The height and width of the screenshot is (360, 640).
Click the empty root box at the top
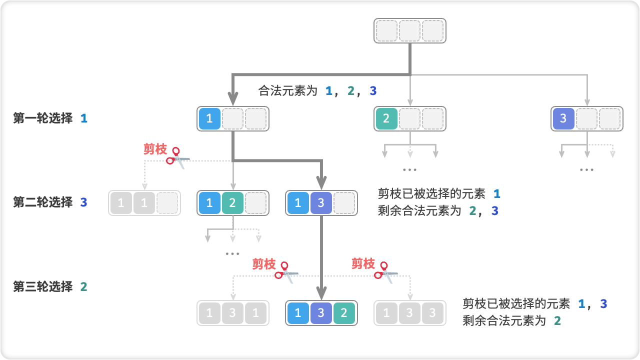point(409,31)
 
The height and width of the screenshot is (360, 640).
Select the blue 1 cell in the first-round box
point(209,118)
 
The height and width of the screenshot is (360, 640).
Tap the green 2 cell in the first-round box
point(386,118)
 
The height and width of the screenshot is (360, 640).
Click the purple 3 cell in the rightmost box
point(563,118)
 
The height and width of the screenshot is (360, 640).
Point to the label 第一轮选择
point(43,118)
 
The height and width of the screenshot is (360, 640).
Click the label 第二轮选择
point(43,202)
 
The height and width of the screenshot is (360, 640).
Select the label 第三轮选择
point(43,286)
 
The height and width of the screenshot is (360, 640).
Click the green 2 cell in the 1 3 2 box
point(344,313)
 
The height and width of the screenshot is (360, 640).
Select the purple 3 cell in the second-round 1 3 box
point(321,203)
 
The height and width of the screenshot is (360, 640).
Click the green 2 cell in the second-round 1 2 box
point(232,203)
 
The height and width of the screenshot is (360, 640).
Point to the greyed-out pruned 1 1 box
point(144,203)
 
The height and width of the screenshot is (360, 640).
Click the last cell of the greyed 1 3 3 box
point(432,313)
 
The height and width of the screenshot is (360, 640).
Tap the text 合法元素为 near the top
point(287,91)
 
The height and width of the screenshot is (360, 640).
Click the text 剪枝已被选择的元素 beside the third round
point(516,303)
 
